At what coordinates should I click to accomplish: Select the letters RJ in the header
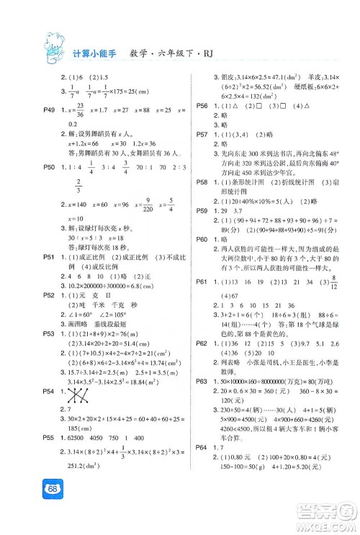(186, 40)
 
